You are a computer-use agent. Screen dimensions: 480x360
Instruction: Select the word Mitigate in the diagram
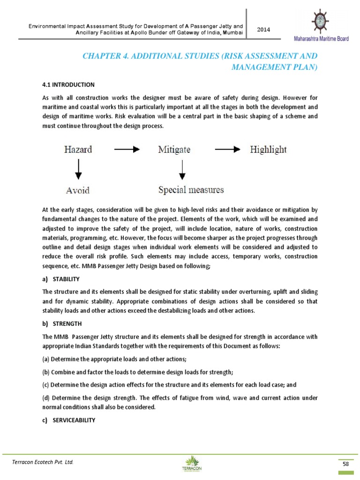click(174, 150)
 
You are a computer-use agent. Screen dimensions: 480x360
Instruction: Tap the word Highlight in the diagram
click(268, 150)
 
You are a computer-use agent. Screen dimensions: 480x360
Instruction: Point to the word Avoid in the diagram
click(78, 190)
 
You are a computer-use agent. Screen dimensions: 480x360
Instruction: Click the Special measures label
click(190, 190)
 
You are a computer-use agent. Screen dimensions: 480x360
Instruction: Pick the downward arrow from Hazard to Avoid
click(78, 169)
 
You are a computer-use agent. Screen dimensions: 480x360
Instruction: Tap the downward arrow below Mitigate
click(182, 169)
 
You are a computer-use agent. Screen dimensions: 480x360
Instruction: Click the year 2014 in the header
click(263, 29)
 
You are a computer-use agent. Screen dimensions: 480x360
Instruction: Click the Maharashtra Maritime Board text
click(321, 39)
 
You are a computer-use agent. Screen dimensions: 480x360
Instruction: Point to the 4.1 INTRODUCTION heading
click(68, 85)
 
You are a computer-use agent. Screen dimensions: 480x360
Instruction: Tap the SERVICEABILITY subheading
click(75, 420)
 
